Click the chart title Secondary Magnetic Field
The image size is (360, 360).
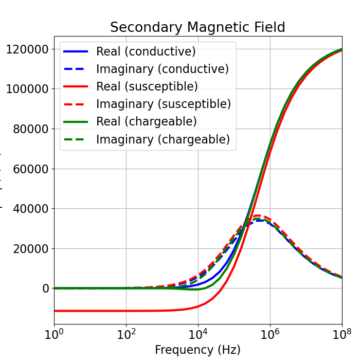(x=197, y=27)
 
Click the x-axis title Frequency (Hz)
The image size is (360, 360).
(x=197, y=350)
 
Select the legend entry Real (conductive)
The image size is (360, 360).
(x=146, y=51)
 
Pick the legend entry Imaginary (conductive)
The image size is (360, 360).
(x=162, y=69)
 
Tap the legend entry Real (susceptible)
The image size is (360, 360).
(x=147, y=86)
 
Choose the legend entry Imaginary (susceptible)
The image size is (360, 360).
(x=163, y=104)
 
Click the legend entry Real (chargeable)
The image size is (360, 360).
(x=146, y=121)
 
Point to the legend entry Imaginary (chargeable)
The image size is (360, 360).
(x=163, y=139)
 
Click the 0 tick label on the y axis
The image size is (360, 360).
(x=45, y=289)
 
